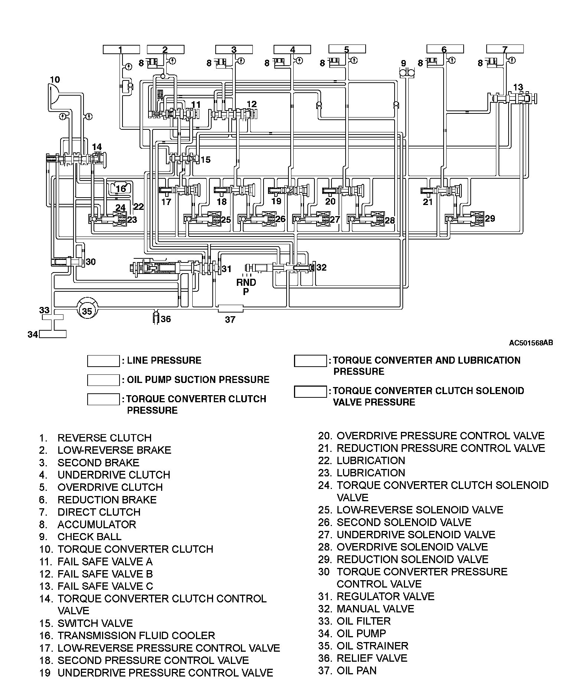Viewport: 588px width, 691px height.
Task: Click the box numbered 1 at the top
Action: pos(121,49)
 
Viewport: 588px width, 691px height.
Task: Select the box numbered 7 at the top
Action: pos(504,49)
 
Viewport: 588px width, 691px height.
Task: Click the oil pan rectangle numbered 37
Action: pos(230,308)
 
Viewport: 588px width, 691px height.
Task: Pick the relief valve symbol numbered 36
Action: pos(157,318)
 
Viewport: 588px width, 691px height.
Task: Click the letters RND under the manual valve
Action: pos(246,282)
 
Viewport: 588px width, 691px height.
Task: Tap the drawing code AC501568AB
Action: pos(531,343)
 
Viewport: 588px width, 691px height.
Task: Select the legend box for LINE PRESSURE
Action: pos(103,361)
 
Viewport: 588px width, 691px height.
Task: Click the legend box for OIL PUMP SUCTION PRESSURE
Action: pos(103,380)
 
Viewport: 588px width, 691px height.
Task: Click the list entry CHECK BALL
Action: pos(89,537)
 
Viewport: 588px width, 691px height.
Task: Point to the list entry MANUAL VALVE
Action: pos(375,609)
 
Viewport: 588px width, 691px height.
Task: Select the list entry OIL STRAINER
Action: pos(372,646)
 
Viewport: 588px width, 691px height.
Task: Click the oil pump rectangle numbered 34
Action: pos(53,334)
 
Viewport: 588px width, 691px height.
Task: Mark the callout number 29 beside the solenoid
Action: pos(490,218)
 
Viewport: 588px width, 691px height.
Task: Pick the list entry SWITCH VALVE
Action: pos(95,623)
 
